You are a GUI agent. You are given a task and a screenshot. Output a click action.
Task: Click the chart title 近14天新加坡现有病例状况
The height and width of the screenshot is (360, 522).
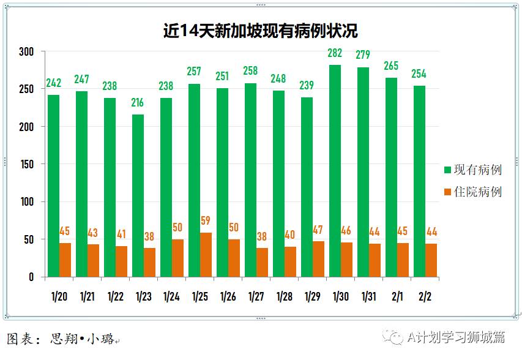point(260,31)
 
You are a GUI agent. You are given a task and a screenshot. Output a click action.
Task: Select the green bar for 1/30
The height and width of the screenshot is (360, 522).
point(335,171)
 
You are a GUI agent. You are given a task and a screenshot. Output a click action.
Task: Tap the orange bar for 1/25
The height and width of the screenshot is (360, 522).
point(206,255)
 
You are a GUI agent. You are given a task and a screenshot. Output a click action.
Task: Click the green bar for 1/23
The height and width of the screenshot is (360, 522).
point(138,195)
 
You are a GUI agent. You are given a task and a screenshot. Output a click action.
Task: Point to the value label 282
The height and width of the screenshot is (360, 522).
point(335,53)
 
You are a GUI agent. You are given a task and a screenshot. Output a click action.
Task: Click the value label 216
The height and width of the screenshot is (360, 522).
point(138,102)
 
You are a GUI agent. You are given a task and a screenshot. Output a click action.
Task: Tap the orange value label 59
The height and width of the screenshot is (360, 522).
point(206,221)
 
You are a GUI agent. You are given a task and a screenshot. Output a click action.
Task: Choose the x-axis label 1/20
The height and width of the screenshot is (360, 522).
point(59,296)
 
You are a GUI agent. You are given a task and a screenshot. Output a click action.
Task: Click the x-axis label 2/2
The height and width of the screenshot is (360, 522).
point(425,296)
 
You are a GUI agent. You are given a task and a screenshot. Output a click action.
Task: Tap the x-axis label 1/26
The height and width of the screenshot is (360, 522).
point(228,296)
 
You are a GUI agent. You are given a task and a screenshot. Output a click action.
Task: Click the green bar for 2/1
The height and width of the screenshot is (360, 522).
point(391,177)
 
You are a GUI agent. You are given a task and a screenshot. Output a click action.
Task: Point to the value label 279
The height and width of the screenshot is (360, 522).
point(363,55)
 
